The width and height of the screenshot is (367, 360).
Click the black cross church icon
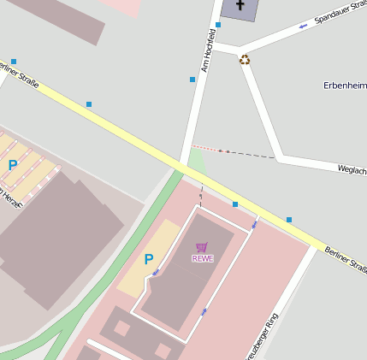point(240,6)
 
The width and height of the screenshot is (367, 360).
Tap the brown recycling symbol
point(246,60)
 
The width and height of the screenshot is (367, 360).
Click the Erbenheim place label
point(345,86)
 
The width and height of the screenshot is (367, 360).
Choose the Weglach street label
point(352,170)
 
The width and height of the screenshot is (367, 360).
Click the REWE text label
point(202,258)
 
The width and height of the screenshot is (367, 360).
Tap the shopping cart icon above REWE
point(202,247)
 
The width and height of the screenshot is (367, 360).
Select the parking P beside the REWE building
point(148,259)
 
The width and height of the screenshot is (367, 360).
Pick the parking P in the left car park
point(13,165)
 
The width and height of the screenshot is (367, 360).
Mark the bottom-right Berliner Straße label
point(346,259)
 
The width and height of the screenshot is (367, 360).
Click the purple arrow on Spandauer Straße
point(303,26)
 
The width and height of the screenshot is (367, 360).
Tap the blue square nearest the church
point(218,25)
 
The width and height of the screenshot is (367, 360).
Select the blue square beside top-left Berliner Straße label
point(14,62)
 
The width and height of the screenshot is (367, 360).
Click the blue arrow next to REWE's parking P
point(156,273)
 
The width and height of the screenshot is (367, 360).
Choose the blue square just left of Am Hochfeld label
point(192,80)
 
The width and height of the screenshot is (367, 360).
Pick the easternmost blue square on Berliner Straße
point(289,220)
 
